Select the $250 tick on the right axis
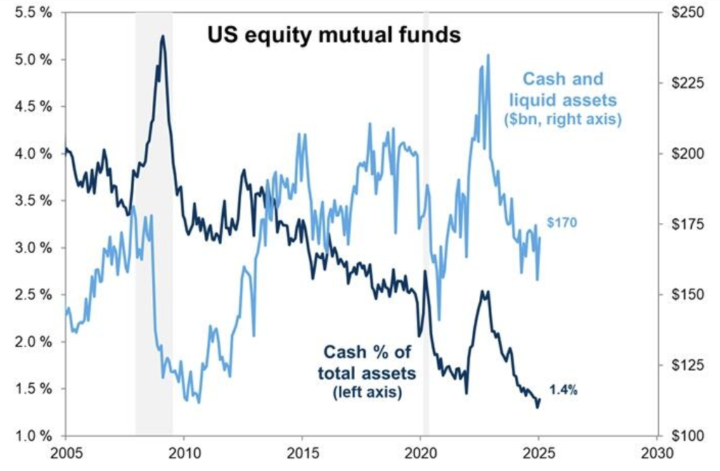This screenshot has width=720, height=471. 686,13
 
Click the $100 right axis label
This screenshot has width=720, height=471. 686,436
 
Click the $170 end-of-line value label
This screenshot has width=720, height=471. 561,223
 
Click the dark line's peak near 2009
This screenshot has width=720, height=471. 162,36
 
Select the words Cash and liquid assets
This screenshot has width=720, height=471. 563,89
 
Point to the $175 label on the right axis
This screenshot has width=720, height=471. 686,224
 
